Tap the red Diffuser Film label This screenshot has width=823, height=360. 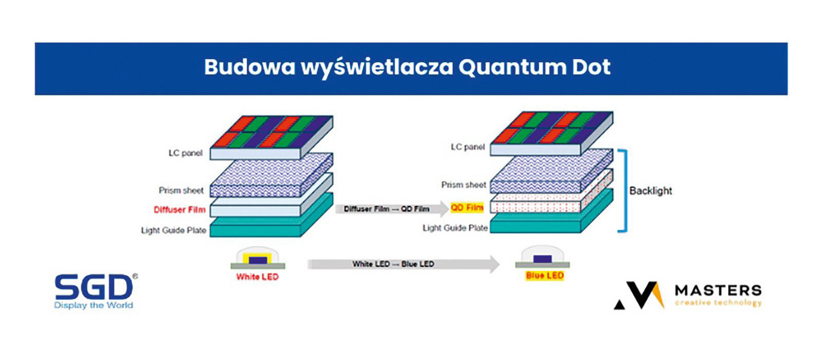tap(180, 210)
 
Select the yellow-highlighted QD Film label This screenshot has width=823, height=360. tap(467, 208)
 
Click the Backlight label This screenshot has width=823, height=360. tap(651, 191)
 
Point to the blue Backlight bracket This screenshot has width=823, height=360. tap(624, 190)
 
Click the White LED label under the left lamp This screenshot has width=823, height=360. tap(257, 277)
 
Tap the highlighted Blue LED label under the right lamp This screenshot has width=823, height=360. tap(545, 276)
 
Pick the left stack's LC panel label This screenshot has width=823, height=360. tap(186, 153)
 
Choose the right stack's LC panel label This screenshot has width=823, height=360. tap(468, 147)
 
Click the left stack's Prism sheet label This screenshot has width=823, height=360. tap(181, 190)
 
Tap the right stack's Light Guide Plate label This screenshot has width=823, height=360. tap(455, 228)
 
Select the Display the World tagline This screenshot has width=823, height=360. tap(94, 305)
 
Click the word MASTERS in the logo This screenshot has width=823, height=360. tap(718, 291)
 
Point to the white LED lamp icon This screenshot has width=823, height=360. tap(258, 259)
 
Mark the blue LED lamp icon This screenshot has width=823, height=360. tap(543, 257)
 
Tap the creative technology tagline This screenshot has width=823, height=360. tap(718, 303)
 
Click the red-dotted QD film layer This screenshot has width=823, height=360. tap(535, 206)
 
